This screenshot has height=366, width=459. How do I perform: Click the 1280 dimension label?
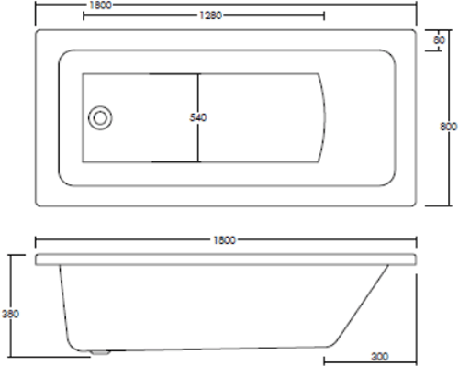pos(210,16)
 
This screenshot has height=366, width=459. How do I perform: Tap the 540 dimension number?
pos(198,117)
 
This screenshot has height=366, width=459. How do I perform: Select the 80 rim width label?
pos(439,40)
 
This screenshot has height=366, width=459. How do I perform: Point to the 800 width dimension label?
pos(448,127)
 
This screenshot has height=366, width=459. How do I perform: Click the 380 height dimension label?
pos(10,314)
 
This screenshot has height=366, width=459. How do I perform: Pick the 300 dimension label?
pos(380,357)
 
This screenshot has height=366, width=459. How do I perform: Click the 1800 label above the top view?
pos(101,6)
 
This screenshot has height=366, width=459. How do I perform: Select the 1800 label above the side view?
pos(225,240)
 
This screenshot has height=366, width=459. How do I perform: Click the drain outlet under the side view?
pos(100,353)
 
